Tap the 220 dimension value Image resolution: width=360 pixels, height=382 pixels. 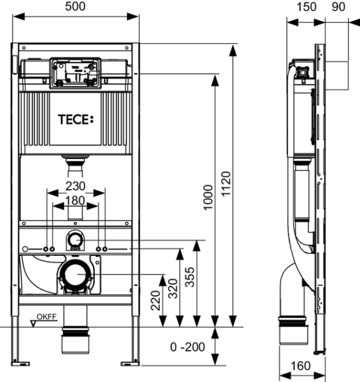(x=155, y=299)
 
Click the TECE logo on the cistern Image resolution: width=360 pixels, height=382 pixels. (x=75, y=118)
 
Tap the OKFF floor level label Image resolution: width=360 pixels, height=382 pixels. (x=45, y=316)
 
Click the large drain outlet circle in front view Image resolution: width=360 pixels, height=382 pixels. (x=76, y=274)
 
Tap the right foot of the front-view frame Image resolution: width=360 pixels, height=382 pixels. (x=130, y=363)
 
